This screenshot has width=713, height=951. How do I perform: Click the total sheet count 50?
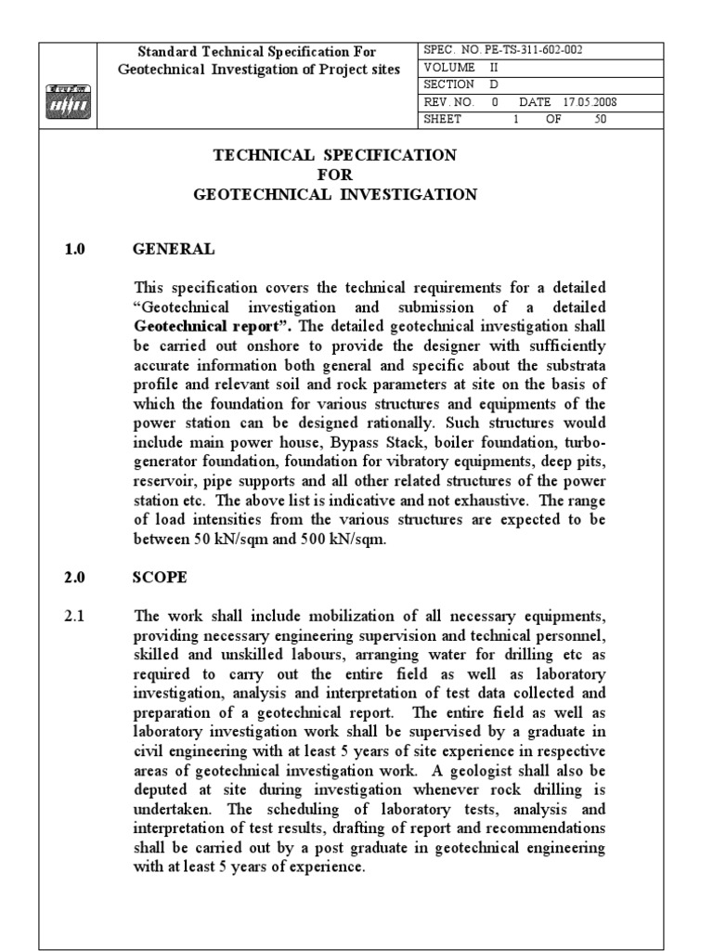pos(600,118)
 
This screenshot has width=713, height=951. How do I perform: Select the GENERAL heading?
pos(175,249)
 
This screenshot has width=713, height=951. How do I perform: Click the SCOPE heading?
pos(161,577)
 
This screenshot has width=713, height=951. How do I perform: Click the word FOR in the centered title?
pos(335,175)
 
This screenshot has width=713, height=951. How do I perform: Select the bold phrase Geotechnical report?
pos(191,326)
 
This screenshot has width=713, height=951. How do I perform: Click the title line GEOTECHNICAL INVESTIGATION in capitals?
pos(335,194)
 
